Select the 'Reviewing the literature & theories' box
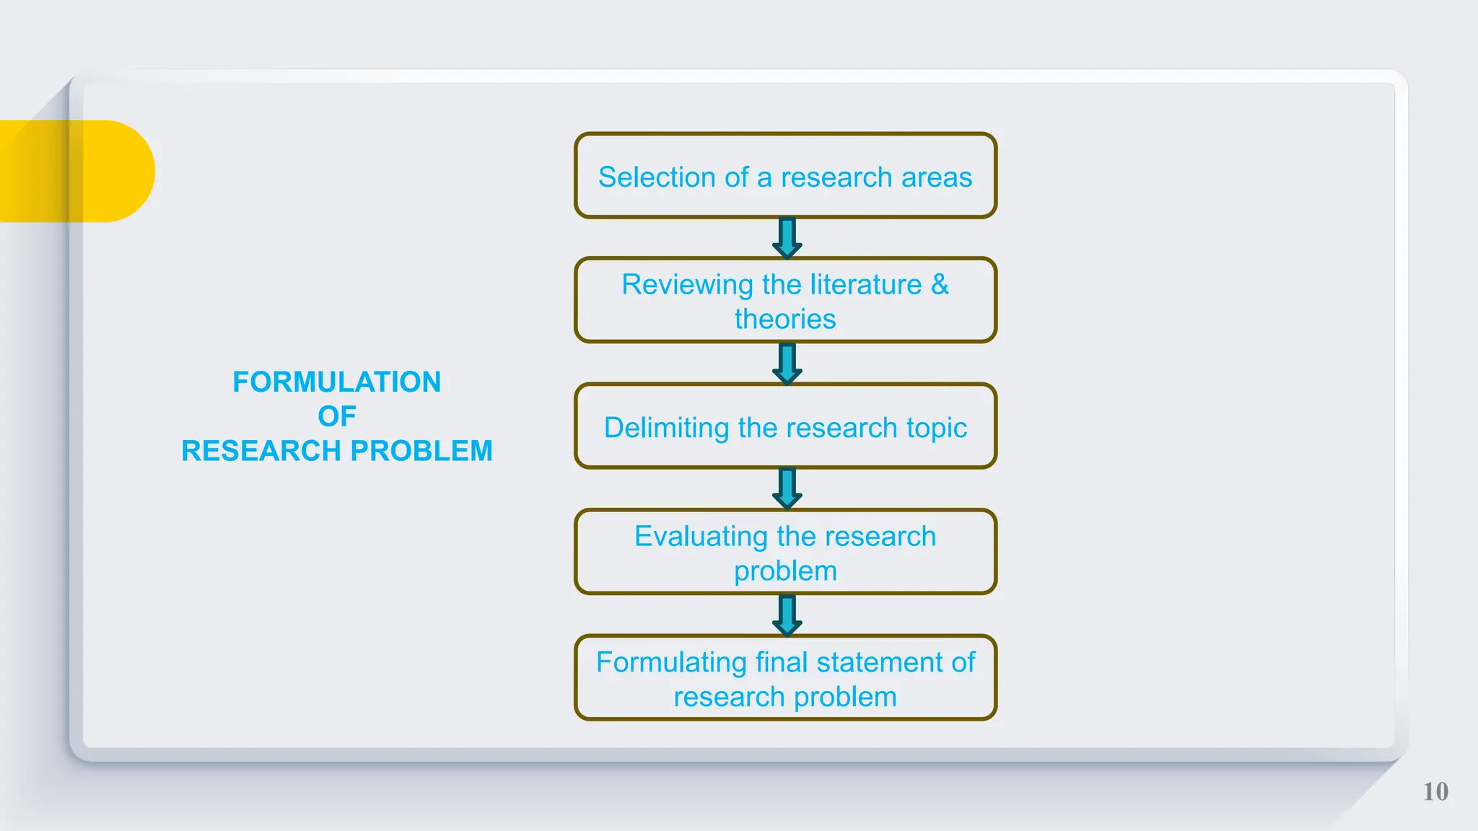tap(785, 300)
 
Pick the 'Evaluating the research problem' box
tap(785, 552)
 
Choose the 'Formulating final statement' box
tap(785, 678)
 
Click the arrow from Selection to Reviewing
tap(787, 238)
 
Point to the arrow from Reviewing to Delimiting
tap(787, 363)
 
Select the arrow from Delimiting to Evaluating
tap(787, 488)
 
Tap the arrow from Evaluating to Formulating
tap(787, 615)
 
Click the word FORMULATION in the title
tap(336, 382)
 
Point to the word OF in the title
tap(336, 416)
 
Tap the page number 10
tap(1435, 791)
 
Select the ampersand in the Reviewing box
tap(939, 284)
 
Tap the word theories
tap(785, 319)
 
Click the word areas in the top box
tap(936, 177)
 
